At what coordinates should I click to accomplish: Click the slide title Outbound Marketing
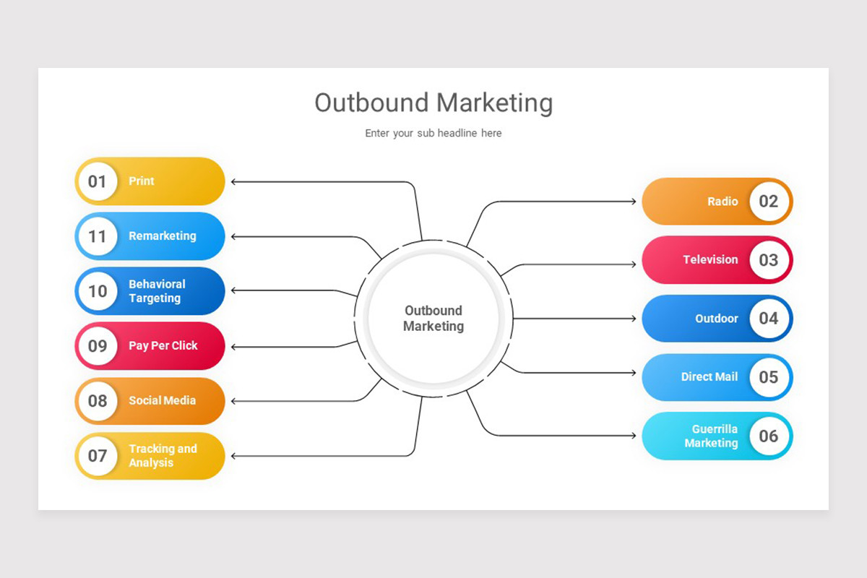pos(433,103)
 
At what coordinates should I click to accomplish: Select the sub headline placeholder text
pos(433,133)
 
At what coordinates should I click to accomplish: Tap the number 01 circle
pos(98,181)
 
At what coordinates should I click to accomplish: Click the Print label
pos(142,181)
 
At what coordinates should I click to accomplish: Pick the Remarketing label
pos(163,236)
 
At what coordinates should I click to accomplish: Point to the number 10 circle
pos(98,291)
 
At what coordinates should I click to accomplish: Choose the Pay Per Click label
pos(163,346)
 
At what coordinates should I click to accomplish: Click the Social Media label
pos(163,400)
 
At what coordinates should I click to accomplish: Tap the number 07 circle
pos(98,456)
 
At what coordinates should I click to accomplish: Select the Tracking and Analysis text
pos(163,456)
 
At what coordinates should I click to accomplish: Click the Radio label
pos(722,202)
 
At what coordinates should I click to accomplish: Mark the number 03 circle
pos(768,260)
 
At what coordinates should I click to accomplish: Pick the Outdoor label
pos(717,319)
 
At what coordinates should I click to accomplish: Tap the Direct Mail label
pos(709,377)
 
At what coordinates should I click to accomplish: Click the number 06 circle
pos(768,436)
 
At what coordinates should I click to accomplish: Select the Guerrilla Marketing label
pos(712,436)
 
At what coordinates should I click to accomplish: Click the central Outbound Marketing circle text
pos(433,318)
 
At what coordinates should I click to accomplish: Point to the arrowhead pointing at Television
pos(633,264)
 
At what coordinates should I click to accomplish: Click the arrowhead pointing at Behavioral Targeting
pos(234,291)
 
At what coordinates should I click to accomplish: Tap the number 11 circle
pos(98,236)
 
